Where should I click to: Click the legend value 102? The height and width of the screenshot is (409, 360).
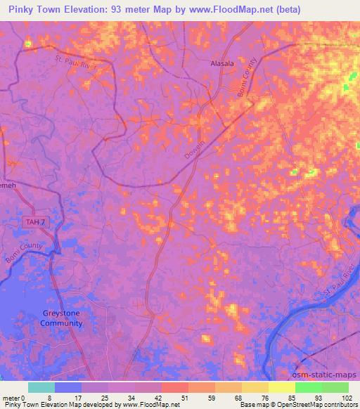point(347,398)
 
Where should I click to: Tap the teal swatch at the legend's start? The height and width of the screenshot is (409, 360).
point(41,387)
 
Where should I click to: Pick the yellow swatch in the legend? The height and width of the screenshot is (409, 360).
point(281,387)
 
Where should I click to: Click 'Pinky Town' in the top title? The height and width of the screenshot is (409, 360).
point(38,10)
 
